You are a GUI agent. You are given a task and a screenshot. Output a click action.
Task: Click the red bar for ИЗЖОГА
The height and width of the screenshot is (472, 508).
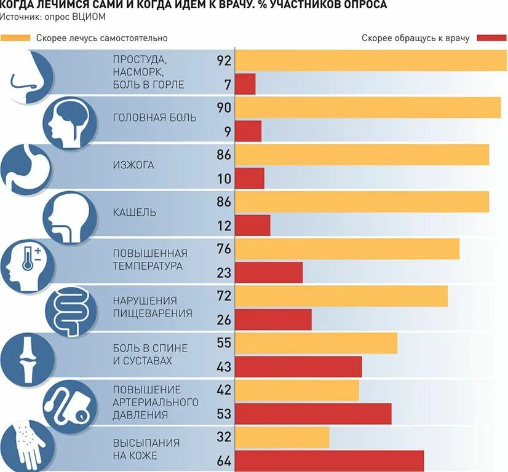click(x=250, y=178)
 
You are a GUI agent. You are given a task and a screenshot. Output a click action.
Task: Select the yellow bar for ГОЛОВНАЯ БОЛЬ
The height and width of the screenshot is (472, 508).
click(x=368, y=108)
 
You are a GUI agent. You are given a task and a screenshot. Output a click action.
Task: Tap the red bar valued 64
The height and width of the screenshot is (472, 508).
click(x=329, y=461)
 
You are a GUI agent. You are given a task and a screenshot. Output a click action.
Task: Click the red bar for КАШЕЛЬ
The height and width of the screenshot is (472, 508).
click(x=253, y=226)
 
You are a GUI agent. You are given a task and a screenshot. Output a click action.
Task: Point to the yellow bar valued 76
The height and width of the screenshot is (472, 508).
click(x=347, y=249)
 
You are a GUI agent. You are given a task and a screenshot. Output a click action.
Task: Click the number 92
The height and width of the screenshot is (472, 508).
click(x=223, y=61)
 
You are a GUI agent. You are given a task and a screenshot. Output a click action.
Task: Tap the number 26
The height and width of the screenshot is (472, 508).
click(x=223, y=320)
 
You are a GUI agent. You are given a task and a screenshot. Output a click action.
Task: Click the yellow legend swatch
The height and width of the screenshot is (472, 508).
click(x=15, y=38)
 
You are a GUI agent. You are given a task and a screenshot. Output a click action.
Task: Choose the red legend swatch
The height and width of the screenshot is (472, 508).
click(x=490, y=38)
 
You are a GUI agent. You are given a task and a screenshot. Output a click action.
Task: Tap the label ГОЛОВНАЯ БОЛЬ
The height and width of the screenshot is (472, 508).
click(x=155, y=117)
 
